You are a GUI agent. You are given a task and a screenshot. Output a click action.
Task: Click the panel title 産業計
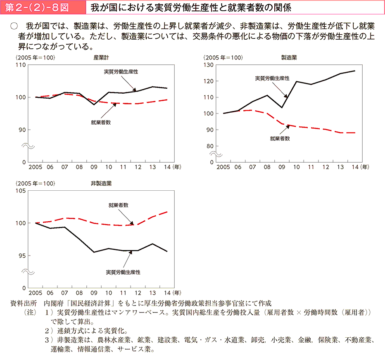point(101,58)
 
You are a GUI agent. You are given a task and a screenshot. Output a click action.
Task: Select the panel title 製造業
point(289,58)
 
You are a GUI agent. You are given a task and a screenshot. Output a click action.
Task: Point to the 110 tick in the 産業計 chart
point(21,65)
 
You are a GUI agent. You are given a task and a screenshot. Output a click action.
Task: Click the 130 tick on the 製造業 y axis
point(209,65)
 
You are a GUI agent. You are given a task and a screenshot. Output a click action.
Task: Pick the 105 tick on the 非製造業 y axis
point(21,191)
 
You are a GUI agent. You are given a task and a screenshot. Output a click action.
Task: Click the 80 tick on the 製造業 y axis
point(210,146)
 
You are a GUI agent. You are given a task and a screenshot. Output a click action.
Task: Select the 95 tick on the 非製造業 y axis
point(22,256)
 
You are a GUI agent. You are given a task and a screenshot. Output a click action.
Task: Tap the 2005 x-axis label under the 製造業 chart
point(223,167)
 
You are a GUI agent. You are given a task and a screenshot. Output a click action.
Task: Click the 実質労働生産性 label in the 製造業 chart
point(272,78)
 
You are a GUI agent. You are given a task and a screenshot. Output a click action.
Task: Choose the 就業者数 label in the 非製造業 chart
point(119,205)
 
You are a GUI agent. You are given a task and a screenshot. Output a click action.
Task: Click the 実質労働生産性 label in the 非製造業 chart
point(123,272)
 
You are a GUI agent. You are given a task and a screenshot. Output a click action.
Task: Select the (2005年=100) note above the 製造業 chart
point(223,58)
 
